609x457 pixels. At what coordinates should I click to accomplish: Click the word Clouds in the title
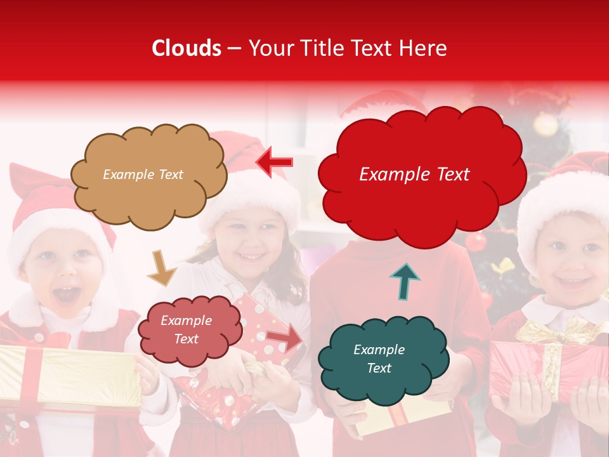tap(187, 48)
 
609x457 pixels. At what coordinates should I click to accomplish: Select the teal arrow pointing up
tap(405, 281)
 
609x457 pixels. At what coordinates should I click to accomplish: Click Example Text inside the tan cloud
tap(143, 175)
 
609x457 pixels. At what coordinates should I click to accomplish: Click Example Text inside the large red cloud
tap(414, 175)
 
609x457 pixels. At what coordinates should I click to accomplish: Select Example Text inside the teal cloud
tap(379, 359)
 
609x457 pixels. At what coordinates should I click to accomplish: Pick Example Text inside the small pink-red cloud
tap(187, 330)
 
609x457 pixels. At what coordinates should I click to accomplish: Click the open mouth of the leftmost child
tap(69, 295)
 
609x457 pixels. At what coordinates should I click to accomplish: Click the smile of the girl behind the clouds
tap(252, 257)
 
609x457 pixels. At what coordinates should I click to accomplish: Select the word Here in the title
tap(423, 48)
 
